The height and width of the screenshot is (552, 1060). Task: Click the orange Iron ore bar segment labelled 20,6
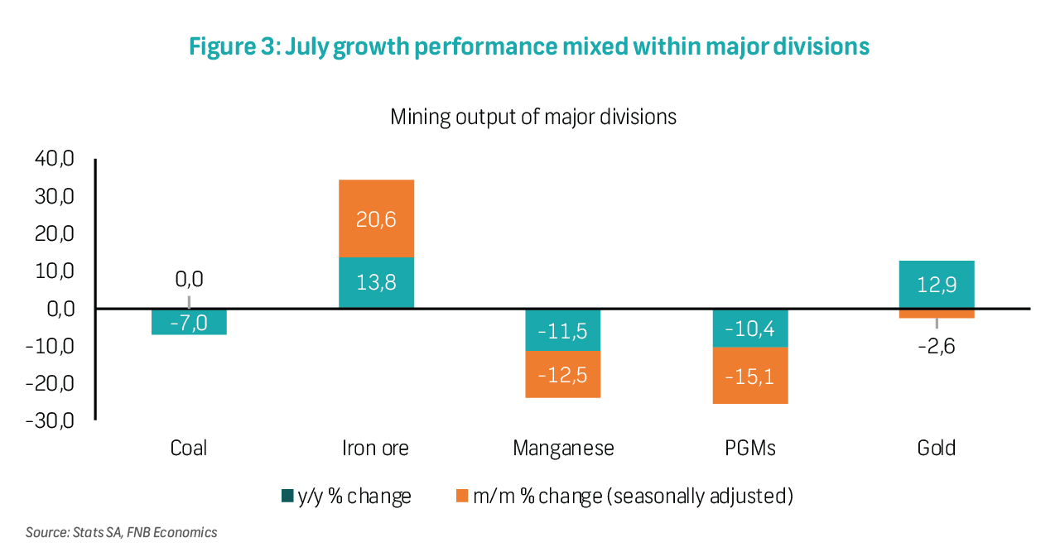click(x=376, y=218)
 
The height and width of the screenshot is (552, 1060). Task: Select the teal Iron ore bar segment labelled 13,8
click(x=376, y=282)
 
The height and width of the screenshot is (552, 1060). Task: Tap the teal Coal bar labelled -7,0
click(x=189, y=322)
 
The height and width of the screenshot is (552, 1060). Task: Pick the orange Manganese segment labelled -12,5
click(x=563, y=374)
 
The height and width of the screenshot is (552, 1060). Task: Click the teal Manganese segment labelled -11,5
click(x=563, y=330)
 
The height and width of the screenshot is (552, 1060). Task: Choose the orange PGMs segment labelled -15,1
click(x=750, y=376)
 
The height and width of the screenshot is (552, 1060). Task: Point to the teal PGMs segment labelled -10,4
click(x=750, y=328)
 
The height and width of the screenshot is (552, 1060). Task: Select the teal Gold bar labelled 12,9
click(x=937, y=284)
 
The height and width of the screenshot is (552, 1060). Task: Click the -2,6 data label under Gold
click(x=937, y=346)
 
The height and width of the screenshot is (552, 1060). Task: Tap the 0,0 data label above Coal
click(x=189, y=279)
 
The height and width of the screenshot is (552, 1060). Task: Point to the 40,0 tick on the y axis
click(x=55, y=159)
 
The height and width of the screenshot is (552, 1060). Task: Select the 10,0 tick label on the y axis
click(x=55, y=271)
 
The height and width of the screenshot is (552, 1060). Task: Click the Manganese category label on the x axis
click(x=563, y=449)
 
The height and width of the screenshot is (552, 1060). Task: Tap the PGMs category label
click(x=750, y=449)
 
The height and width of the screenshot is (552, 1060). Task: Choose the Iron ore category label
click(x=376, y=449)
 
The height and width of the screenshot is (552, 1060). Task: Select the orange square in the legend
click(x=462, y=497)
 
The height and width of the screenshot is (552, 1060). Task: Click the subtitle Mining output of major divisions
click(x=533, y=117)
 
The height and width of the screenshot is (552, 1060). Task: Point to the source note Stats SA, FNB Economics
click(x=121, y=532)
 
